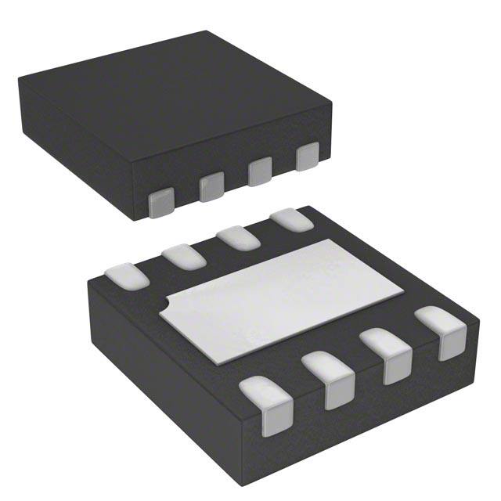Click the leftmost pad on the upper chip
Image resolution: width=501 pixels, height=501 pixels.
(160, 202)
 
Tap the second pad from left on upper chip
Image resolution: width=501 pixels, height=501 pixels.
(211, 186)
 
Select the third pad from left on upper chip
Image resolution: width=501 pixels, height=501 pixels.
(259, 171)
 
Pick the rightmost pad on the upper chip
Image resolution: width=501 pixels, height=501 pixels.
(307, 157)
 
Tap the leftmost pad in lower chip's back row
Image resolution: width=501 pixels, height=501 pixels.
(126, 274)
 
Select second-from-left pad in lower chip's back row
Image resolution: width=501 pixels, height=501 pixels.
(182, 254)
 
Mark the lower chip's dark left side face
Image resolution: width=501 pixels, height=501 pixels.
(157, 368)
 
